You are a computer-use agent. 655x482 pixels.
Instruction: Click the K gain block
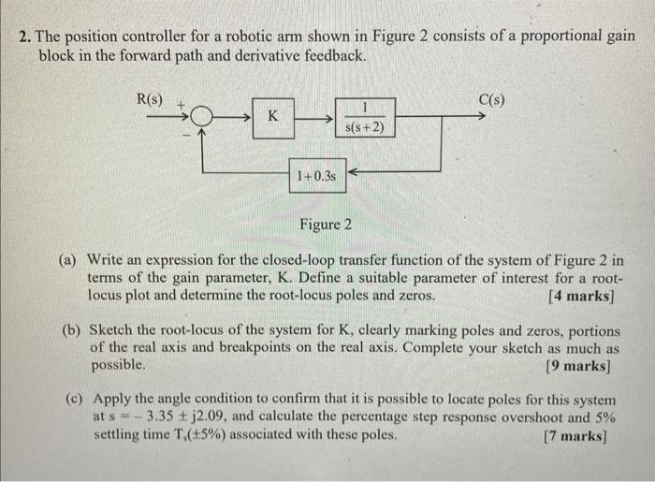point(272,117)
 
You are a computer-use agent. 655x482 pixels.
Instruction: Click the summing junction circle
point(200,118)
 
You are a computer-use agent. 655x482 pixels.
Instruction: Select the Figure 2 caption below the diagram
point(326,225)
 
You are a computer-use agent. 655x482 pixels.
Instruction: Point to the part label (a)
point(73,261)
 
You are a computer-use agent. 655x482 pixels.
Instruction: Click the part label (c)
point(73,400)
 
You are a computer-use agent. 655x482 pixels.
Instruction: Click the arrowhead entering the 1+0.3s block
point(352,172)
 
